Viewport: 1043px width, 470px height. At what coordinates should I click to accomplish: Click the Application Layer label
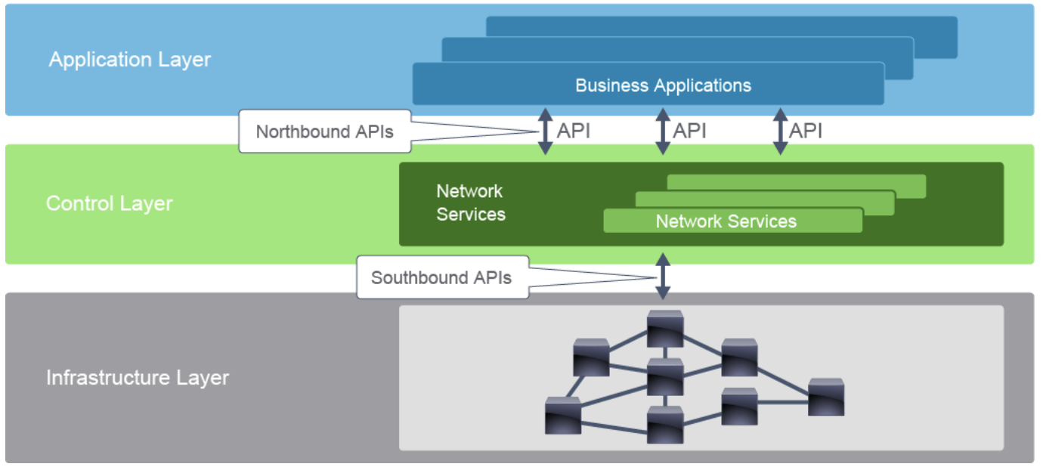coord(130,60)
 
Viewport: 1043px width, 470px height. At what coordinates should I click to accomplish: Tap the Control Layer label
coord(110,203)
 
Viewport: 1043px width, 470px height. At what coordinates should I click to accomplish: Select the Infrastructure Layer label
coord(138,378)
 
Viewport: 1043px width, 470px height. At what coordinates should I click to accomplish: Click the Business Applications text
coord(663,85)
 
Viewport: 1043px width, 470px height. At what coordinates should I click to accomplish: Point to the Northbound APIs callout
coord(325,131)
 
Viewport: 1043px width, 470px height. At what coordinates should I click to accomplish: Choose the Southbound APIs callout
coord(441,277)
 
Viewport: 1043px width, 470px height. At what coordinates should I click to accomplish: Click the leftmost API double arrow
coord(545,131)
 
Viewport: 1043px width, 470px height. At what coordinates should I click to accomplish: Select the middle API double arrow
coord(663,131)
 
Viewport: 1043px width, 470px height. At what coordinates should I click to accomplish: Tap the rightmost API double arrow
coord(780,131)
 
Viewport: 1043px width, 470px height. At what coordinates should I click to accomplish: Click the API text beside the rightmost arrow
coord(806,131)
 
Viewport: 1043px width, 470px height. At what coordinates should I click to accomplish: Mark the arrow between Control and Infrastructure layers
coord(663,277)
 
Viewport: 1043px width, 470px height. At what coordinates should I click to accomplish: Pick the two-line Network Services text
coord(471,203)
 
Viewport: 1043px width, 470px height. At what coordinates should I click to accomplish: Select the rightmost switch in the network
coord(826,397)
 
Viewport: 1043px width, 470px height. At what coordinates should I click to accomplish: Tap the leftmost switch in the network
coord(563,415)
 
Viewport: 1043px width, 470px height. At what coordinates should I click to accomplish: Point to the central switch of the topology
coord(665,376)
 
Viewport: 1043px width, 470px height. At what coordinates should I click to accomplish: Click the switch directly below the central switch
coord(665,425)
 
